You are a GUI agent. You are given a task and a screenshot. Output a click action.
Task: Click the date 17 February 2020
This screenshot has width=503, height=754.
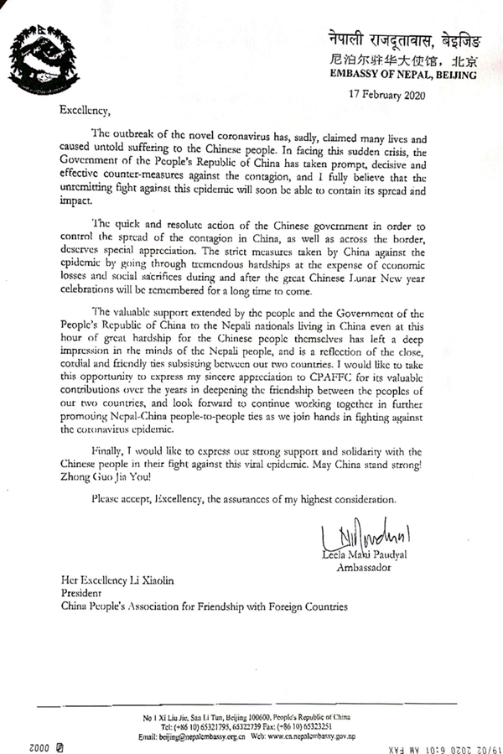[392, 94]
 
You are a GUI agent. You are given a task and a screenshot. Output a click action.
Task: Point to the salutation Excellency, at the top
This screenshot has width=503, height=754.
[86, 109]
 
